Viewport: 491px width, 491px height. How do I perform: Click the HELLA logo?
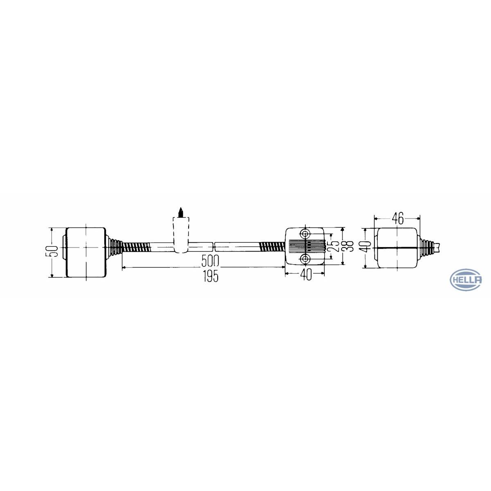tap(466, 280)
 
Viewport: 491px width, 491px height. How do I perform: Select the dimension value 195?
tap(209, 277)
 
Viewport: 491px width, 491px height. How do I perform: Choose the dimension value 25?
tap(334, 246)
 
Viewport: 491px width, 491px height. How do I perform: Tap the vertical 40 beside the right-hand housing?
tap(367, 246)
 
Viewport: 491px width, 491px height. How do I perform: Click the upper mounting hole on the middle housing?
tap(305, 234)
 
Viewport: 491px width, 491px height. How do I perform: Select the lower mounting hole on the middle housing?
tap(305, 259)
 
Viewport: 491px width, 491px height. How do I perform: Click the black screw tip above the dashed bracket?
tap(180, 212)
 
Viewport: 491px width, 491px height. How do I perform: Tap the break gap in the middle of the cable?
tap(214, 247)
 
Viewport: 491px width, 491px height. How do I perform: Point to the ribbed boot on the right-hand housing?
tap(427, 247)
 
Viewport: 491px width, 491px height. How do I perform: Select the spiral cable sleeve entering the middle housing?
tap(272, 247)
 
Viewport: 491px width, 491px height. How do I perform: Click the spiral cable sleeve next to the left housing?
tap(135, 247)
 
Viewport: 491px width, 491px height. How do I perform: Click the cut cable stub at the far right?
tap(439, 247)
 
